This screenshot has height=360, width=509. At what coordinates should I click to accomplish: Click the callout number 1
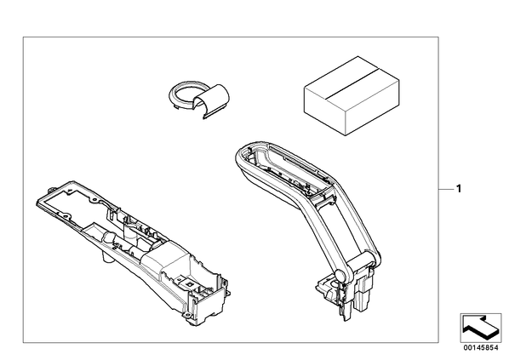(459, 189)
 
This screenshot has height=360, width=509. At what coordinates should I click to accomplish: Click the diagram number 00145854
(481, 348)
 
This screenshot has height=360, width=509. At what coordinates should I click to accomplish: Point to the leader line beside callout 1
(446, 189)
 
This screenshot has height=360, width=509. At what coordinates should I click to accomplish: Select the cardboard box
(352, 96)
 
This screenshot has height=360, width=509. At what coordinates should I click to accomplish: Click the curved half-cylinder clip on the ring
(214, 100)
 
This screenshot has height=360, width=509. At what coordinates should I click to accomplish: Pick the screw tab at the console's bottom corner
(187, 315)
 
